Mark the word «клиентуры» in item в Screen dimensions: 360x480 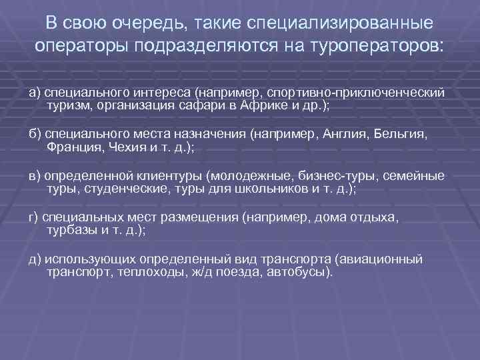click(x=171, y=176)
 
